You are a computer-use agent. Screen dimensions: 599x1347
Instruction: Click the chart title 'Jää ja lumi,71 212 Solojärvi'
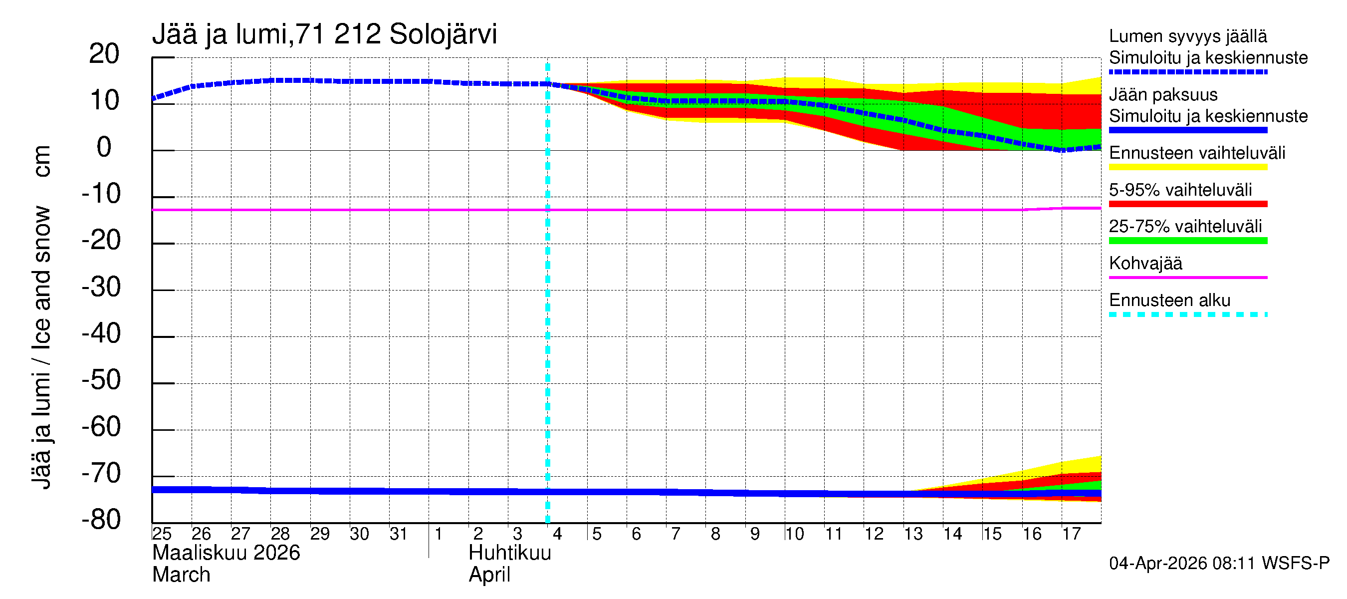point(324,34)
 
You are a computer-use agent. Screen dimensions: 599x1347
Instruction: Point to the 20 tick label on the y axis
point(104,54)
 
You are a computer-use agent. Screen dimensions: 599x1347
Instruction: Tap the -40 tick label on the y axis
point(101,334)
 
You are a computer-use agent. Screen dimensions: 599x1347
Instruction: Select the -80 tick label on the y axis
point(101,520)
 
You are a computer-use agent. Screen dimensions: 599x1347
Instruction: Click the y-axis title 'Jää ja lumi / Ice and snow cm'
point(42,317)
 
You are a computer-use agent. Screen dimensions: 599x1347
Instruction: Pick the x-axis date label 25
point(162,534)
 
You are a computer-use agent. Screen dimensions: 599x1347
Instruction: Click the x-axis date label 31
point(399,534)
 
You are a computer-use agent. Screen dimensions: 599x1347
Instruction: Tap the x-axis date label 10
point(794,534)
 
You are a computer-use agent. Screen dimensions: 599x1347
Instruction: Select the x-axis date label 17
point(1071,534)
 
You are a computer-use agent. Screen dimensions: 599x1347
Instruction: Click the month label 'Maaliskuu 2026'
point(226,553)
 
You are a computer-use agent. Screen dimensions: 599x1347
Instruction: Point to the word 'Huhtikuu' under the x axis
point(510,553)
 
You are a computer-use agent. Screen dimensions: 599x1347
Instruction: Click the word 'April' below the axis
point(489,575)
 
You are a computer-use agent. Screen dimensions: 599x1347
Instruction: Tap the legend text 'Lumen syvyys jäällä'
point(1188,36)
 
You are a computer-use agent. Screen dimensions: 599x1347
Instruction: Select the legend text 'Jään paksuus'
point(1163,95)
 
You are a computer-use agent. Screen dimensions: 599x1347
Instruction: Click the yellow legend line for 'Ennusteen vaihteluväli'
point(1188,167)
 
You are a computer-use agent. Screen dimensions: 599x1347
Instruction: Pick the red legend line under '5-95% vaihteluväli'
point(1188,204)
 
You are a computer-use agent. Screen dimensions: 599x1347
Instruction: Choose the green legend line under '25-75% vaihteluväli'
point(1188,241)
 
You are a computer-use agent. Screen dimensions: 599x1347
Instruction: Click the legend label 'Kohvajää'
point(1145,263)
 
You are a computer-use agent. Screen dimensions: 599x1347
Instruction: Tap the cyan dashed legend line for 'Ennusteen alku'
point(1188,314)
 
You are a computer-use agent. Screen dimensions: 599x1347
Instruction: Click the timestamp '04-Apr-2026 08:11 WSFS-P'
point(1219,564)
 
